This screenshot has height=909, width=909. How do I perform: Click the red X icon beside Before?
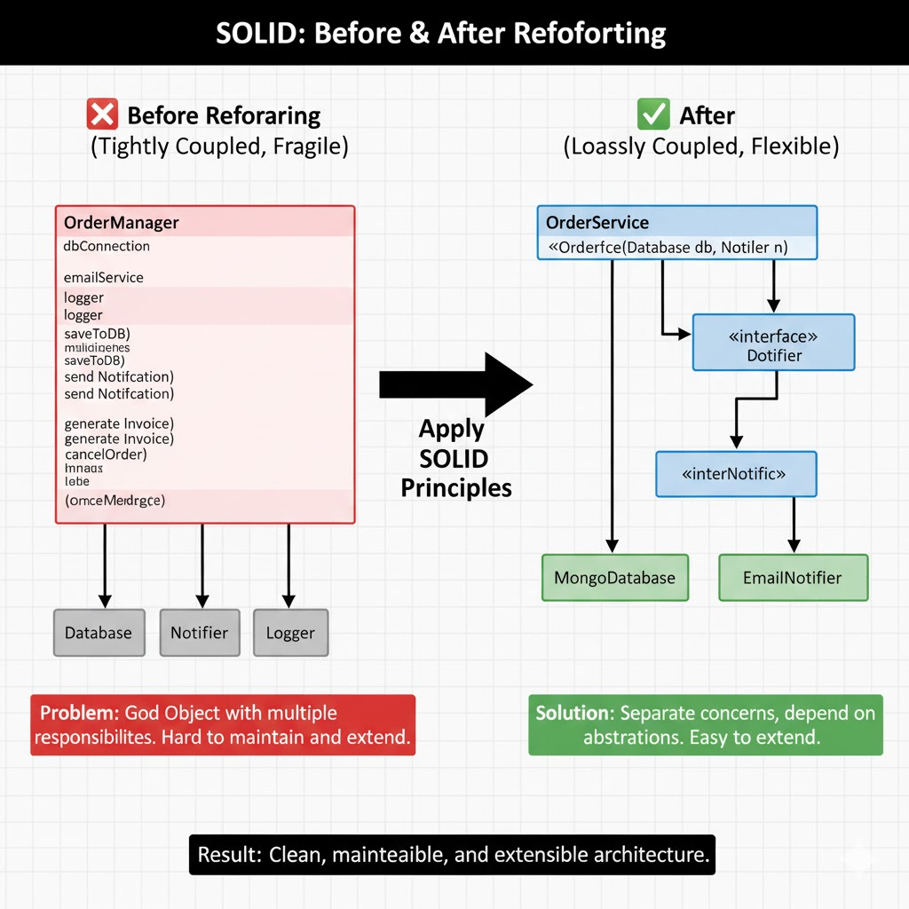pos(102,115)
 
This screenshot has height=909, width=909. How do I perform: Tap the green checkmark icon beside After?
pos(654,115)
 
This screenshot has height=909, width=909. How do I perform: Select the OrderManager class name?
pos(122,222)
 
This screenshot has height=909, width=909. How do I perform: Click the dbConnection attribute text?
pos(107,246)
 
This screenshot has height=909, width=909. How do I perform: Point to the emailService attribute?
pos(104,277)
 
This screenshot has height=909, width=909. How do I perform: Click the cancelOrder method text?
pos(106,454)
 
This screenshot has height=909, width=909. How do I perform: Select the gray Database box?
pos(99,633)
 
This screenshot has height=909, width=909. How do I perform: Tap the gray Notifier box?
pos(200,633)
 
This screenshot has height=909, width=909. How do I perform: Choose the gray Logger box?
pos(290,633)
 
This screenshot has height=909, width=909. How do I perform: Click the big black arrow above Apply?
pos(455,384)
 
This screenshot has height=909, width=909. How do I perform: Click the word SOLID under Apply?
pos(453,459)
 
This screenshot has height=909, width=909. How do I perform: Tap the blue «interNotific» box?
pos(735,474)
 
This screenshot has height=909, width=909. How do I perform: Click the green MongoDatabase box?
pos(614,578)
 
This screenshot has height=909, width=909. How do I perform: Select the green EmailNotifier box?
pos(793,578)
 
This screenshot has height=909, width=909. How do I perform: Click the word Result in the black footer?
pos(226,856)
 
